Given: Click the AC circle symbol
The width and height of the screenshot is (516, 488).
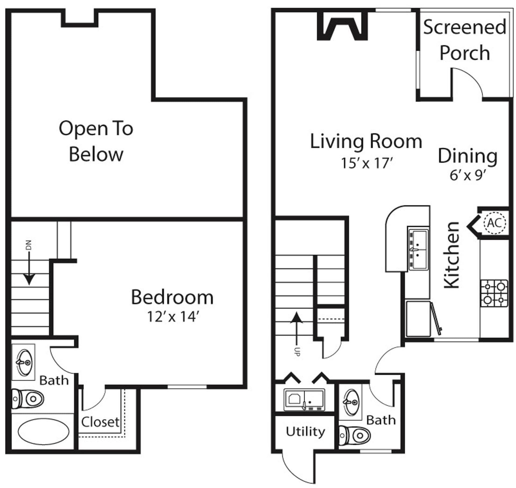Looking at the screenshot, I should pos(494,223).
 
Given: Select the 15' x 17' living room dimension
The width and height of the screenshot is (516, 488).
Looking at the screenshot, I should pos(367,163).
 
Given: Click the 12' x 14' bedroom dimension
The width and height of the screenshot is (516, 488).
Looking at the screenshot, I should pos(173,317).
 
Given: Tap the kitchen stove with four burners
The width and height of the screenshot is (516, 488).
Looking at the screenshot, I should pos(494,293).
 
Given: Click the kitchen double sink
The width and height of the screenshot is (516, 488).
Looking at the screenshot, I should pos(418,249).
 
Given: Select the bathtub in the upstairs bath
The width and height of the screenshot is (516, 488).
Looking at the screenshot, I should pos(43,432).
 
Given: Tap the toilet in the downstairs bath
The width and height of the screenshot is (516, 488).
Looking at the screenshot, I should pos(355,435).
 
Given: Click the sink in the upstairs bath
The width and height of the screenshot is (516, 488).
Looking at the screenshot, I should pos(24,362).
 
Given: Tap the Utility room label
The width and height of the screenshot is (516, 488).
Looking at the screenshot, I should pos(305,431).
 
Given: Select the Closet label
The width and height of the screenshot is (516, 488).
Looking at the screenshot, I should pos(100,422).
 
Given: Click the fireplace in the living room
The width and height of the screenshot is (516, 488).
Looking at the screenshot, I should pos(342,27).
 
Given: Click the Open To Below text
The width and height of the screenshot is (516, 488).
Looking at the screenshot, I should pos(96,141).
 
